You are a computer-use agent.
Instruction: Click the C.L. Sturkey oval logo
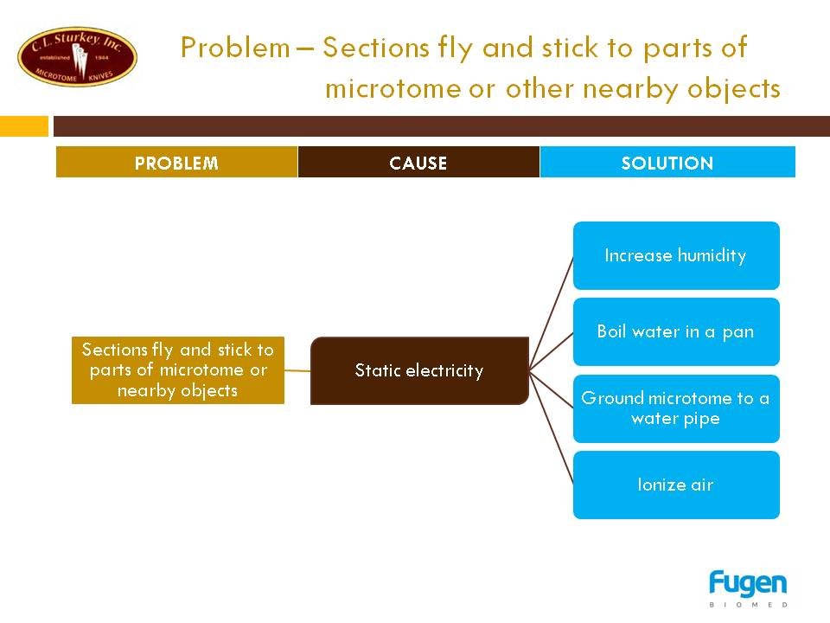click(77, 57)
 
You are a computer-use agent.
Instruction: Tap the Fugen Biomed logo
click(748, 588)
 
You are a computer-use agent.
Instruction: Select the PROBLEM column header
click(176, 162)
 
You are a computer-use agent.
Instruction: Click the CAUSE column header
click(418, 162)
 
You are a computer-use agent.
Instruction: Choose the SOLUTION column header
click(667, 162)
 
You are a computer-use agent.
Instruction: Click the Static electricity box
click(419, 370)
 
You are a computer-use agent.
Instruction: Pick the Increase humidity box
click(676, 255)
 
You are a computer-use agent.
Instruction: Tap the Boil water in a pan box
click(676, 331)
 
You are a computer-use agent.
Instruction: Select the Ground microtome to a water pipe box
click(676, 408)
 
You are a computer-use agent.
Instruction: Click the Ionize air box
click(676, 485)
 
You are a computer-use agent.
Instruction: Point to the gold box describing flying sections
click(178, 370)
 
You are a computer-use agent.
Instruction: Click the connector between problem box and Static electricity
click(297, 370)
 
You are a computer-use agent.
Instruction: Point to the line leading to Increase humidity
click(551, 313)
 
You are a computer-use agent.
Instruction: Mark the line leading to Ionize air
click(551, 427)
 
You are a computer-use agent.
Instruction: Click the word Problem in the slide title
click(235, 47)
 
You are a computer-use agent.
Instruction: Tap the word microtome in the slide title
click(393, 88)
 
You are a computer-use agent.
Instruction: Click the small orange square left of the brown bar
click(24, 126)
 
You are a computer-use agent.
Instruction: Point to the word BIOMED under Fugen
click(748, 605)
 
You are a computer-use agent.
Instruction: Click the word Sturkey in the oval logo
click(77, 38)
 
